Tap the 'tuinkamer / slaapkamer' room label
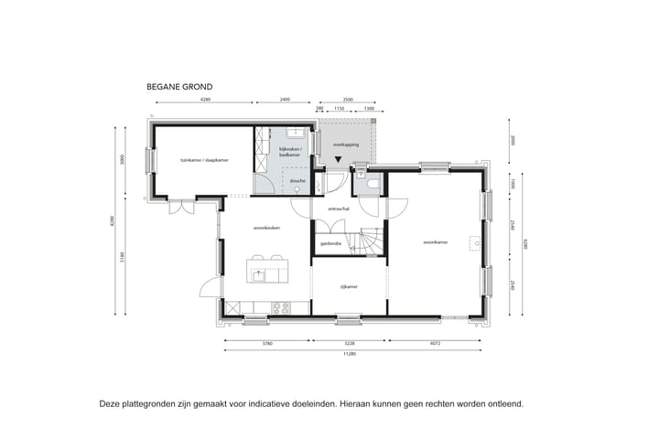[x=203, y=160]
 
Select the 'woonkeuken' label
[x=266, y=226]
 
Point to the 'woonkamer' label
[x=435, y=242]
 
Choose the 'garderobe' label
[x=330, y=243]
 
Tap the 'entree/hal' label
[x=336, y=209]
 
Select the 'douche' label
[x=297, y=181]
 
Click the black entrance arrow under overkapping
[x=340, y=161]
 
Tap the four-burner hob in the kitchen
[x=280, y=307]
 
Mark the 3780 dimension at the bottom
[x=267, y=345]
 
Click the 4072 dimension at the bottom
[x=434, y=345]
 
